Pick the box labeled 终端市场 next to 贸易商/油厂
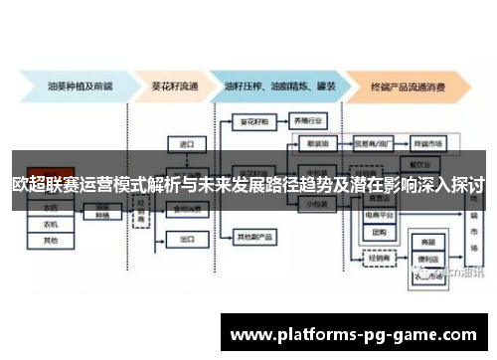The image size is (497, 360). click(x=428, y=142)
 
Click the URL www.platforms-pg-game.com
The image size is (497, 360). click(x=359, y=335)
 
